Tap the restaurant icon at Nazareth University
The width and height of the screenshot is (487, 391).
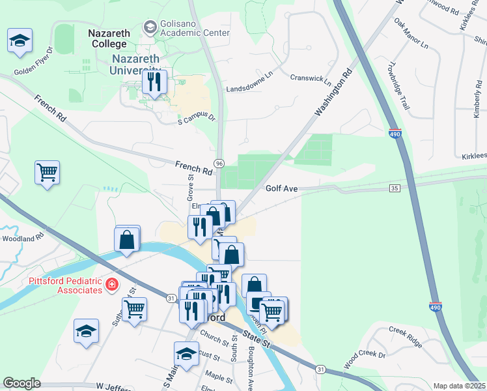(154, 82)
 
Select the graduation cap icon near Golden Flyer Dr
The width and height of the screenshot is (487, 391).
(20, 40)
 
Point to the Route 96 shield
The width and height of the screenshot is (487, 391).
(220, 163)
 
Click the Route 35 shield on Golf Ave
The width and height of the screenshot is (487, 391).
(395, 188)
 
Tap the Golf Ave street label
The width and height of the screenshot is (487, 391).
(281, 188)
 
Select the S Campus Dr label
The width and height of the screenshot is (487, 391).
(196, 119)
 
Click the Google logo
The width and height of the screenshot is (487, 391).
(21, 383)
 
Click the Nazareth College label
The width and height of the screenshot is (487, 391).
(108, 38)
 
